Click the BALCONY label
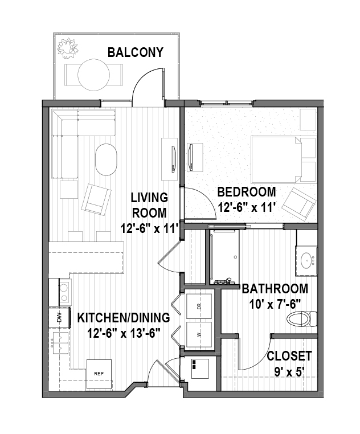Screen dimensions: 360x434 coord(136,52)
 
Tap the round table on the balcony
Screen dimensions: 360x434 coord(94,75)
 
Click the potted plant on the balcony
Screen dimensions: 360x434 coord(68,48)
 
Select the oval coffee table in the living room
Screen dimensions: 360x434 coord(106,159)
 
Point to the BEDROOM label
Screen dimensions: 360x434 coord(247,192)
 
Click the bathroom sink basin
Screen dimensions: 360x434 coord(306,260)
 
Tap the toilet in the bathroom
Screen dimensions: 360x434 coord(302,319)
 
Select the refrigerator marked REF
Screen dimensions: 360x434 coord(99,374)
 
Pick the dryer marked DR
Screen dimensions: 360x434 coord(199,306)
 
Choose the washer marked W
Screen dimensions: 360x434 coord(199,334)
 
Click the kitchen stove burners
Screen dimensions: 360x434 coord(64,292)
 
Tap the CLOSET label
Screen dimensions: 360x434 coord(289,356)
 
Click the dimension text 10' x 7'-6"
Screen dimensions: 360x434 coord(275,305)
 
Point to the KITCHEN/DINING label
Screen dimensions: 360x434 coord(124,318)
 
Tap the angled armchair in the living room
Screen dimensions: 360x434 coord(96,199)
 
